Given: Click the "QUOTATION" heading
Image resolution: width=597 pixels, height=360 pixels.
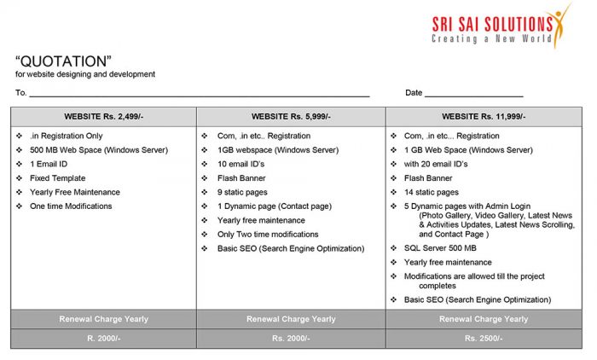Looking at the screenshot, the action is (64, 61).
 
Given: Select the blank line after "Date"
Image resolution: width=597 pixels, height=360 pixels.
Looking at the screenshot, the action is (473, 95).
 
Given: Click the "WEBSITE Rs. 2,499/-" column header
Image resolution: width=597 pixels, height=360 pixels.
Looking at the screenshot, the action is (103, 116).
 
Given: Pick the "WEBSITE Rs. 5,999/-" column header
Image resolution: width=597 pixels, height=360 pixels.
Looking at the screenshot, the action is (291, 116).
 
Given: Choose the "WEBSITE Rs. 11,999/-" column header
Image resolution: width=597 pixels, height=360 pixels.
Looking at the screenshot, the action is (484, 116).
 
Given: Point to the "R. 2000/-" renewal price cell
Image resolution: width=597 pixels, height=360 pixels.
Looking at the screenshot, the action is (103, 339).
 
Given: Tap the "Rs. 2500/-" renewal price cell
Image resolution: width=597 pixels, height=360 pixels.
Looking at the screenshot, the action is (484, 339).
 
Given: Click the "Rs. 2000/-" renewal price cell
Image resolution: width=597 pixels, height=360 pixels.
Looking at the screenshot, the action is (291, 339).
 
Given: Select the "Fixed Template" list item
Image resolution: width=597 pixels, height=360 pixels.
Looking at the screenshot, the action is (57, 178).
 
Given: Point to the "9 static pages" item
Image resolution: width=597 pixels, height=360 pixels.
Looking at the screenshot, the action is (243, 193).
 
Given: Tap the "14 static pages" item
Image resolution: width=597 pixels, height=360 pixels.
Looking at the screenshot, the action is (431, 193).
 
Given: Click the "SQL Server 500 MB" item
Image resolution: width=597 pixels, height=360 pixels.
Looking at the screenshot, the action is (440, 248).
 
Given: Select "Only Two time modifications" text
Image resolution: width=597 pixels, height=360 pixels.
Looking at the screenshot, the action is (268, 235).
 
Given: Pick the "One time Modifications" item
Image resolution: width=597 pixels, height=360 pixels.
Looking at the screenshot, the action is (71, 206).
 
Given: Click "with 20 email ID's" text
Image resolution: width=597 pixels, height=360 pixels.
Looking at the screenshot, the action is (436, 165).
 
